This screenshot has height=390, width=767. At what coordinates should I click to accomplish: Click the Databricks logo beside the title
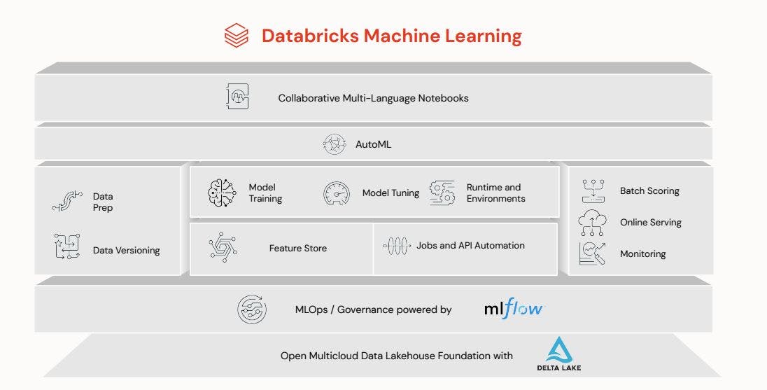[x=237, y=36]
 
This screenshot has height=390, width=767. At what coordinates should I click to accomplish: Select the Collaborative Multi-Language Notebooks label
[x=373, y=98]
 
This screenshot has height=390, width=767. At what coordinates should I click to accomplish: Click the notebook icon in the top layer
[x=237, y=97]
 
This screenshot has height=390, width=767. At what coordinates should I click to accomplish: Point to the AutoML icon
[x=334, y=144]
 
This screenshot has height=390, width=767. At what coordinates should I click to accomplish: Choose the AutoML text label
[x=373, y=144]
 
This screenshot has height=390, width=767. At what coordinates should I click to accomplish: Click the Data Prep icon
[x=67, y=202]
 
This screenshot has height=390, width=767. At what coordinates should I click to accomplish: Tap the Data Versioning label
[x=126, y=250]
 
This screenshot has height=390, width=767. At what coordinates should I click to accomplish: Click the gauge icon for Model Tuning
[x=337, y=193]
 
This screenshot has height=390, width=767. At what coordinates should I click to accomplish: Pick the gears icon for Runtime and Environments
[x=442, y=193]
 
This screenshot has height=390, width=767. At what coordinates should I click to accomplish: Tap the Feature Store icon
[x=222, y=247]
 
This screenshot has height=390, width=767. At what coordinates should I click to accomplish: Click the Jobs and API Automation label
[x=470, y=246]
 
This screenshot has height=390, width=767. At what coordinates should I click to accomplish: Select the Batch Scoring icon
[x=593, y=190]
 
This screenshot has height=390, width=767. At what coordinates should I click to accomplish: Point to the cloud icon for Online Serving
[x=592, y=222]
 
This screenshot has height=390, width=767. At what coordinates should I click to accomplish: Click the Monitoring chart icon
[x=592, y=253]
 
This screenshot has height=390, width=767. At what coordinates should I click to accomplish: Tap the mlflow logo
[x=513, y=308]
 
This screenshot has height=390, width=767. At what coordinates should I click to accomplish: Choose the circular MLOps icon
[x=251, y=309]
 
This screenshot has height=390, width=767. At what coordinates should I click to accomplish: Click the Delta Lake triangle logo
[x=559, y=350]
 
